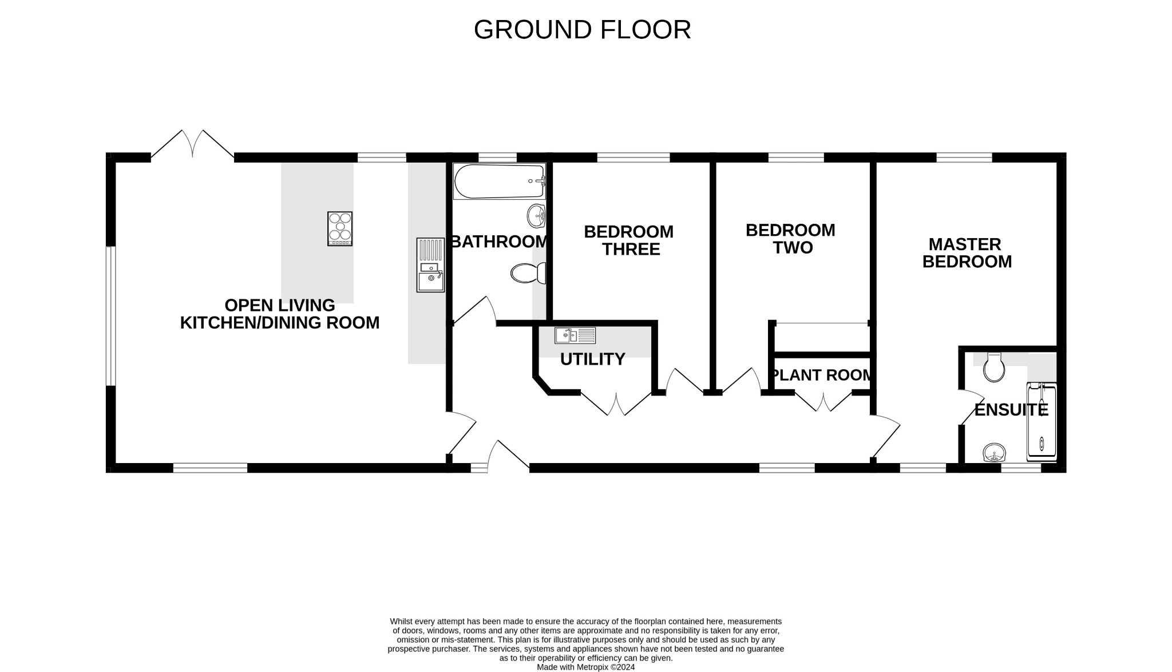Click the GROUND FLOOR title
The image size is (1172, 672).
(x=582, y=30)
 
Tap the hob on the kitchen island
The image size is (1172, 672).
(x=340, y=228)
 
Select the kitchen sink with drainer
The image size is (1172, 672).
(x=430, y=265)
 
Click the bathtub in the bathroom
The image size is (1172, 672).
(x=500, y=181)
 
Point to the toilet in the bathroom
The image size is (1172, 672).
(x=528, y=274)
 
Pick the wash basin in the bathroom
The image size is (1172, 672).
(x=536, y=216)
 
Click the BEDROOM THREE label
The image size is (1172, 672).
(x=629, y=240)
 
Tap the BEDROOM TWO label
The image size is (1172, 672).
(x=790, y=239)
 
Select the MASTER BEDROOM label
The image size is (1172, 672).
(x=967, y=253)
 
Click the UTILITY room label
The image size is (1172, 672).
(x=592, y=359)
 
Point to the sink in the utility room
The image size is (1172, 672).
(x=575, y=335)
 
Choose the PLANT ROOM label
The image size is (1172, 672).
(x=822, y=375)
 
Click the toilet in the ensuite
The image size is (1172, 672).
(x=994, y=367)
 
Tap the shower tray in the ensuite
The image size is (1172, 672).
(x=1042, y=422)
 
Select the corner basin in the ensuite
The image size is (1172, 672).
(x=995, y=453)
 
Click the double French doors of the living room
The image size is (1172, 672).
(x=193, y=144)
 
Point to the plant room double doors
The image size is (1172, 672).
(x=823, y=402)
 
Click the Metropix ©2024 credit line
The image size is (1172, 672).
(x=585, y=667)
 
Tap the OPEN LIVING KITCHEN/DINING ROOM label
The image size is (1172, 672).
(x=280, y=314)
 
